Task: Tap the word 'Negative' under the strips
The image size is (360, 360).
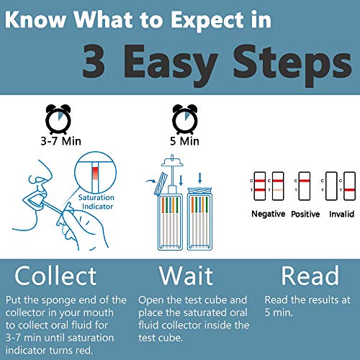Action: (268, 215)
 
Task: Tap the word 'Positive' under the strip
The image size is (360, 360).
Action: (305, 215)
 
